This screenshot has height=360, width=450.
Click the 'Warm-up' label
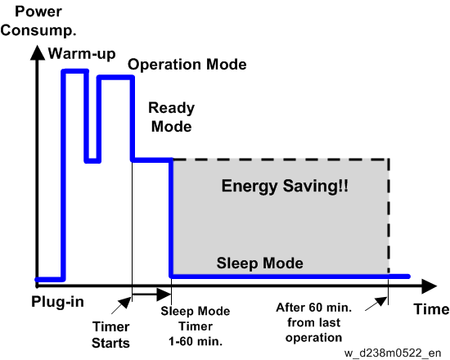pyautogui.click(x=82, y=54)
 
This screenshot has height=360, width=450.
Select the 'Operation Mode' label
pyautogui.click(x=187, y=65)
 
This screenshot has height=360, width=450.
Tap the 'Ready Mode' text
pyautogui.click(x=171, y=117)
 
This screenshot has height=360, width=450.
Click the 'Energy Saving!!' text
pyautogui.click(x=285, y=186)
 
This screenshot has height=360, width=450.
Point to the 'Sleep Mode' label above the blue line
pyautogui.click(x=259, y=263)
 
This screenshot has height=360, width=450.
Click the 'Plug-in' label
pyautogui.click(x=57, y=302)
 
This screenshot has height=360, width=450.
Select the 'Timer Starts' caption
pyautogui.click(x=110, y=335)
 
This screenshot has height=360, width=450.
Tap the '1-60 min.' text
pyautogui.click(x=196, y=342)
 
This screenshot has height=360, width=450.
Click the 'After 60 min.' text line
pyautogui.click(x=313, y=308)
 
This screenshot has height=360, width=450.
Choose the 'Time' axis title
pyautogui.click(x=431, y=309)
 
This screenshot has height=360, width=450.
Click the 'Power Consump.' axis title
pyautogui.click(x=38, y=21)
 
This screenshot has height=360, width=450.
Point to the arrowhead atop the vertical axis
pyautogui.click(x=38, y=53)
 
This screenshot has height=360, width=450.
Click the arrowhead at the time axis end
pyautogui.click(x=429, y=286)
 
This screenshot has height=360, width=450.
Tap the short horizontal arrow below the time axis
pyautogui.click(x=151, y=295)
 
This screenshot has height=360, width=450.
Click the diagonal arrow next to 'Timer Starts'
pyautogui.click(x=121, y=305)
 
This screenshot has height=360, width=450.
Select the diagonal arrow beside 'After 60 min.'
pyautogui.click(x=376, y=304)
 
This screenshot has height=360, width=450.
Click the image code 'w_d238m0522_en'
pyautogui.click(x=393, y=353)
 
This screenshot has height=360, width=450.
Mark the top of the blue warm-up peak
pyautogui.click(x=75, y=71)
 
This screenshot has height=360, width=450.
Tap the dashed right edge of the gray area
pyautogui.click(x=389, y=216)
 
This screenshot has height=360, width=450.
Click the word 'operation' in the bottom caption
pyautogui.click(x=313, y=338)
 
